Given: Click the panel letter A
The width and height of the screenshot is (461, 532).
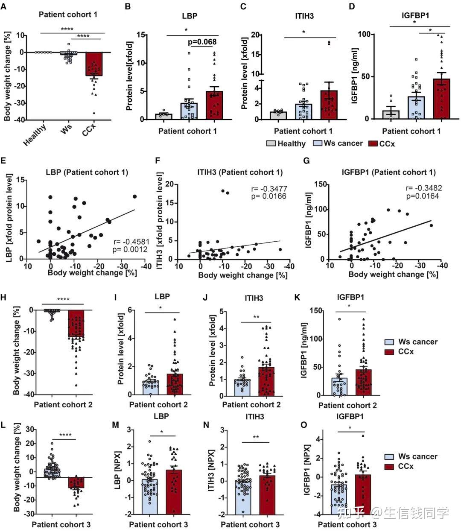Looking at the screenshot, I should [x=4, y=6].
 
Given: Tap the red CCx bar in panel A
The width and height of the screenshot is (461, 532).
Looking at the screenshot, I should [x=94, y=64].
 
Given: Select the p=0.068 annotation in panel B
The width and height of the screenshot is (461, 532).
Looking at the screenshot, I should [x=202, y=42].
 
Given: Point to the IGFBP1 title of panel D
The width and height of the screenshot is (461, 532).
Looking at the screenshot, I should [x=415, y=15].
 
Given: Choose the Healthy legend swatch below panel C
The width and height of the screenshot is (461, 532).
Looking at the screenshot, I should [x=271, y=143].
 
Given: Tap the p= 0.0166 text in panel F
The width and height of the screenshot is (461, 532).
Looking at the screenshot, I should [x=268, y=196].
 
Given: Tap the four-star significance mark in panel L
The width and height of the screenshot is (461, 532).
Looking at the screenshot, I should [x=64, y=436].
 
